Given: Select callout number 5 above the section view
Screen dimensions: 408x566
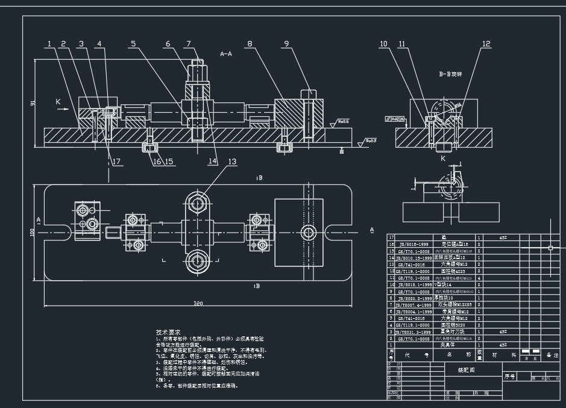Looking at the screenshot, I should pos(133,44).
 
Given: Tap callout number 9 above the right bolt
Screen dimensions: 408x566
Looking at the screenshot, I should pos(286,44).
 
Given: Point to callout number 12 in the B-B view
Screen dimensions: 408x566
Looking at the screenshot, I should pos(486,44).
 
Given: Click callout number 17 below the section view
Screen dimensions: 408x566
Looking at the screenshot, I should pos(116,161).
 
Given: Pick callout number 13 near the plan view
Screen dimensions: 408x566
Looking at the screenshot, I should pos(232,162).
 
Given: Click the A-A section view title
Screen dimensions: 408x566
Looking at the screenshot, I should pos(227,54).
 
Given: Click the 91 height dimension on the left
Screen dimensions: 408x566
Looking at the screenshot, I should pos(33,103).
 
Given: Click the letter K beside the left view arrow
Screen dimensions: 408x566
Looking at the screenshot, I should pos(58,102).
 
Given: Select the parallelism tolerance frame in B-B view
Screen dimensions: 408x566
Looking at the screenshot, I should pos(395,119).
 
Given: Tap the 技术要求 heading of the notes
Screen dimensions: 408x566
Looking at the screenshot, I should pos(168,332).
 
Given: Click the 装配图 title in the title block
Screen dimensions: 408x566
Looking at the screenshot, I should pos(467,370).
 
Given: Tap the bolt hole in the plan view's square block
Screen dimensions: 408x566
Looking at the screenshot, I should pos(309,232).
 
